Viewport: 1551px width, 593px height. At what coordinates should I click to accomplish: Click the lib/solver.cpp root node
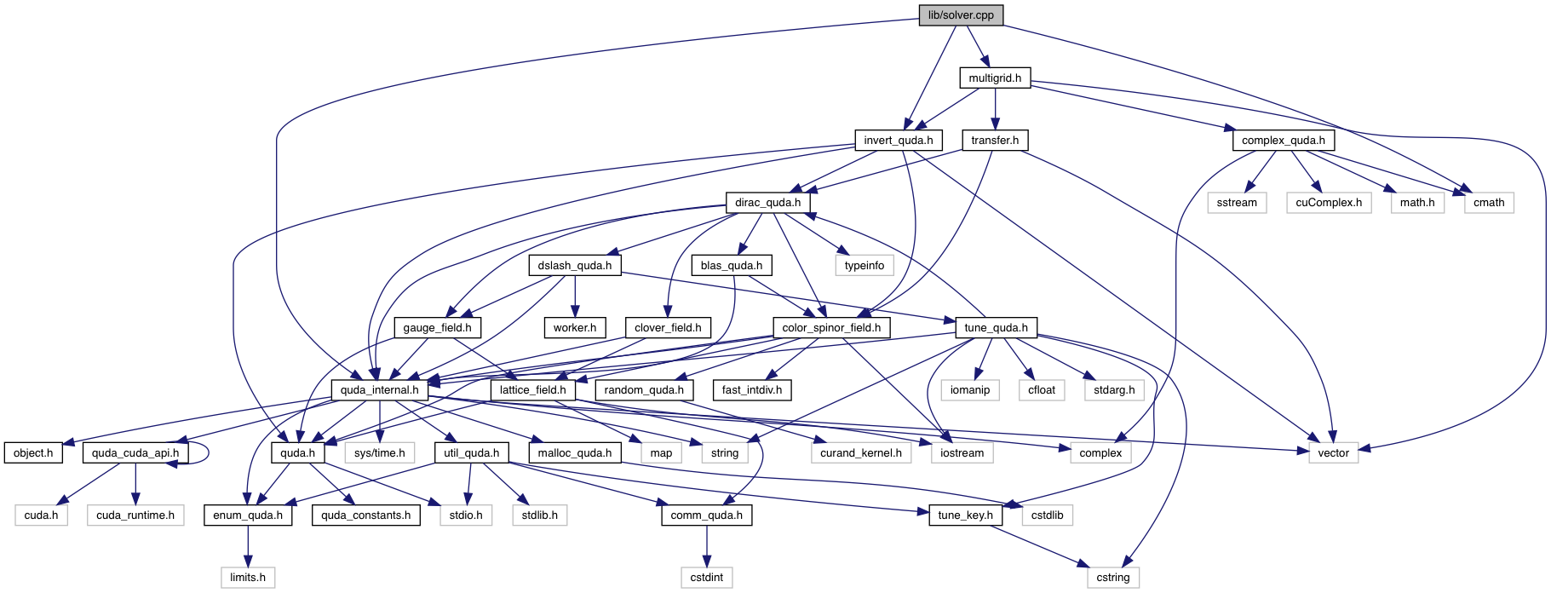click(961, 15)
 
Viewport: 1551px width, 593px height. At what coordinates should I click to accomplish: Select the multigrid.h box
click(995, 78)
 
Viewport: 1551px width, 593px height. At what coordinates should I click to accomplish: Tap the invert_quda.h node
click(898, 140)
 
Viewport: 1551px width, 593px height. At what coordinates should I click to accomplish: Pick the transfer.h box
click(995, 140)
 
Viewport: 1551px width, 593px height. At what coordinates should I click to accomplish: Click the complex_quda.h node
click(1283, 140)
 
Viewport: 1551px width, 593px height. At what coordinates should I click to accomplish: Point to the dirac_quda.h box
click(767, 203)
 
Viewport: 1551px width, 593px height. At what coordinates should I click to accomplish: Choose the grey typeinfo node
click(865, 265)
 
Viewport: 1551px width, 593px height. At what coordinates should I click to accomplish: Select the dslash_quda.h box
click(574, 265)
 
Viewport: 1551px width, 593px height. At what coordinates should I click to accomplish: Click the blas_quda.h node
click(731, 265)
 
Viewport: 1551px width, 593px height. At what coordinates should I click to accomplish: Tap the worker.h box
click(574, 327)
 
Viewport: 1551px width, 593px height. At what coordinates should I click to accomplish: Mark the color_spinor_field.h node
click(831, 327)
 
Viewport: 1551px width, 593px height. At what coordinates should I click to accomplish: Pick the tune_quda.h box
click(996, 327)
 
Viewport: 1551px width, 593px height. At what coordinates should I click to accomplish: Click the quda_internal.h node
click(379, 390)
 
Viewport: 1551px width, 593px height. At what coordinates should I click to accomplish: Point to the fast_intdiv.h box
click(752, 390)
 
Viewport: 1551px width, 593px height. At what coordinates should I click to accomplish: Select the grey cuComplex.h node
click(1329, 203)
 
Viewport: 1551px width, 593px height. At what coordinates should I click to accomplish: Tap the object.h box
click(33, 452)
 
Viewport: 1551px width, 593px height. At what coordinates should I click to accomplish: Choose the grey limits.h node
click(248, 577)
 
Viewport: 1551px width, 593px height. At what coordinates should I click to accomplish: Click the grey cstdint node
click(707, 577)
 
